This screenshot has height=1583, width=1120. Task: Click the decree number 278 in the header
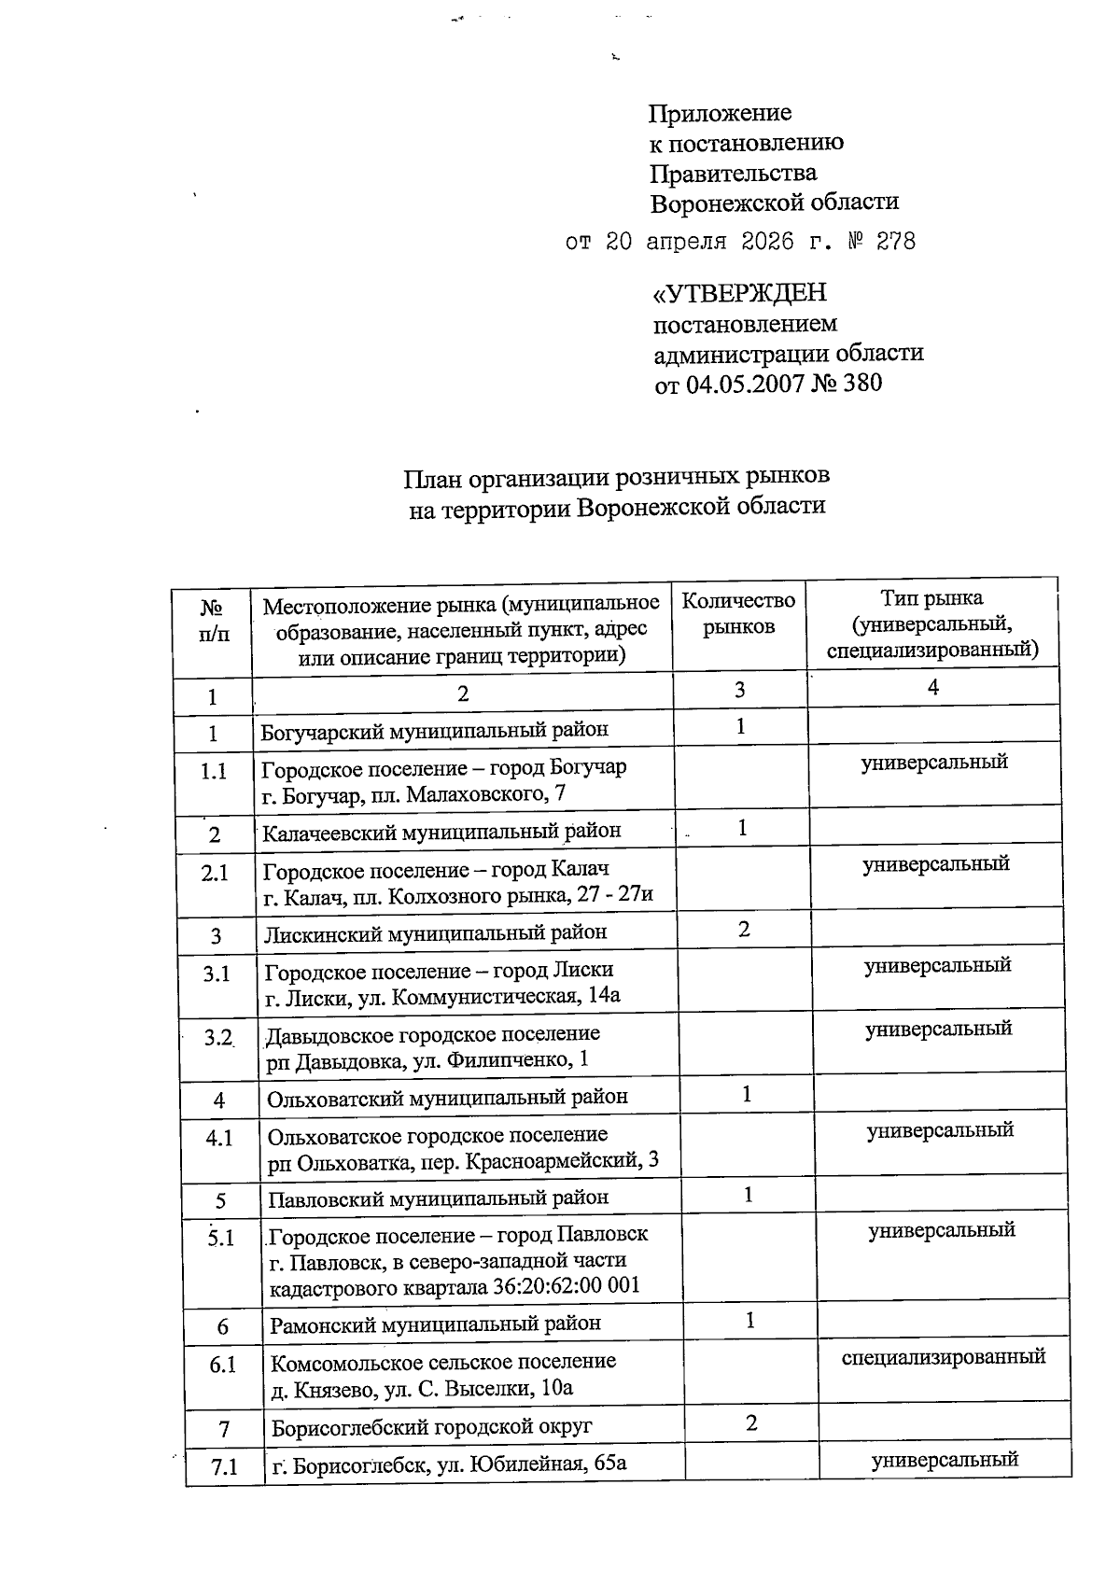pos(895,242)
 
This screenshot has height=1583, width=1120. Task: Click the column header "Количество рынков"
pos(738,613)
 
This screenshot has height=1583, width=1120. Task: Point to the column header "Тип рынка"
pos(931,598)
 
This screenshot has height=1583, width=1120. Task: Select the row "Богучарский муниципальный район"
pos(435,730)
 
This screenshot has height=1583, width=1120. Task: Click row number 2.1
pos(215,872)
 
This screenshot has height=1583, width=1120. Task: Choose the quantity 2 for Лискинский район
pos(744,930)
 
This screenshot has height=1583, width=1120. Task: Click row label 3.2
pos(218,1037)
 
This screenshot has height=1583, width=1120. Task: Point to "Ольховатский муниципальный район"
pos(448,1097)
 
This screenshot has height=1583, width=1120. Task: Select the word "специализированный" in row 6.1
pos(943,1356)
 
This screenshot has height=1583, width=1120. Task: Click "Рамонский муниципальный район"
pos(436,1324)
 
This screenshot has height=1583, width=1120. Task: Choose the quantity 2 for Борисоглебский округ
pos(751,1422)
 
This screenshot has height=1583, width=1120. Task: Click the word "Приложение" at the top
pos(720,114)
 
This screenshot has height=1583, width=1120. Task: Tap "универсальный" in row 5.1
pos(942,1230)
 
